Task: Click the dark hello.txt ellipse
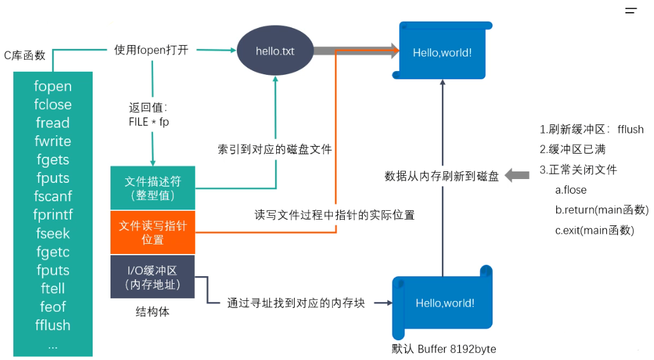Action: (x=275, y=51)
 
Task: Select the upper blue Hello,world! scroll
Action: (x=442, y=53)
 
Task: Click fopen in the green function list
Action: (x=53, y=86)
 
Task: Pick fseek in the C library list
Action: (x=53, y=234)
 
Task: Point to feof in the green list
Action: (x=53, y=307)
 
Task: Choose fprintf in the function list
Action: (x=53, y=215)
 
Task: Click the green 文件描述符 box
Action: (x=152, y=188)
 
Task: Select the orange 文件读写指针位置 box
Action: (x=152, y=232)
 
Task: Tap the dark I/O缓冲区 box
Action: (x=152, y=277)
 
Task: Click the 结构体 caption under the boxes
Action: (x=152, y=312)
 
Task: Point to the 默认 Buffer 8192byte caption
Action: (x=444, y=349)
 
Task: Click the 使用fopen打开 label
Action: (x=151, y=50)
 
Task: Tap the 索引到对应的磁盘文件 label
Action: (x=275, y=149)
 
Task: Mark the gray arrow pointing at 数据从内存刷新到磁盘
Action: (x=517, y=176)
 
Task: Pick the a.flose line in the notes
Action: (x=571, y=190)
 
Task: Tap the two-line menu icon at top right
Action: (x=631, y=11)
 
